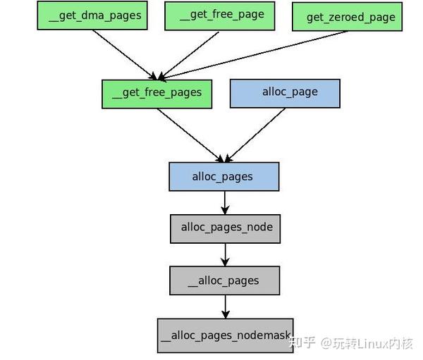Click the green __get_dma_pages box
pyautogui.click(x=92, y=15)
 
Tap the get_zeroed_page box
pyautogui.click(x=346, y=17)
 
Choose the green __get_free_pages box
pyautogui.click(x=157, y=93)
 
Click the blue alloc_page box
pyautogui.click(x=285, y=92)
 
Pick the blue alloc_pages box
pyautogui.click(x=223, y=176)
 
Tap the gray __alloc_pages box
pyautogui.click(x=224, y=280)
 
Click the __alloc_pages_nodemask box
pyautogui.click(x=225, y=335)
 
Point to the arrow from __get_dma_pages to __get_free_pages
pyautogui.click(x=123, y=54)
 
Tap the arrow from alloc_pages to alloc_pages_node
pyautogui.click(x=225, y=203)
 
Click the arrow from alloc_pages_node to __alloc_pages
pyautogui.click(x=225, y=254)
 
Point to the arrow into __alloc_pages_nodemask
pyautogui.click(x=225, y=306)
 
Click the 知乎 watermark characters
pyautogui.click(x=305, y=343)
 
